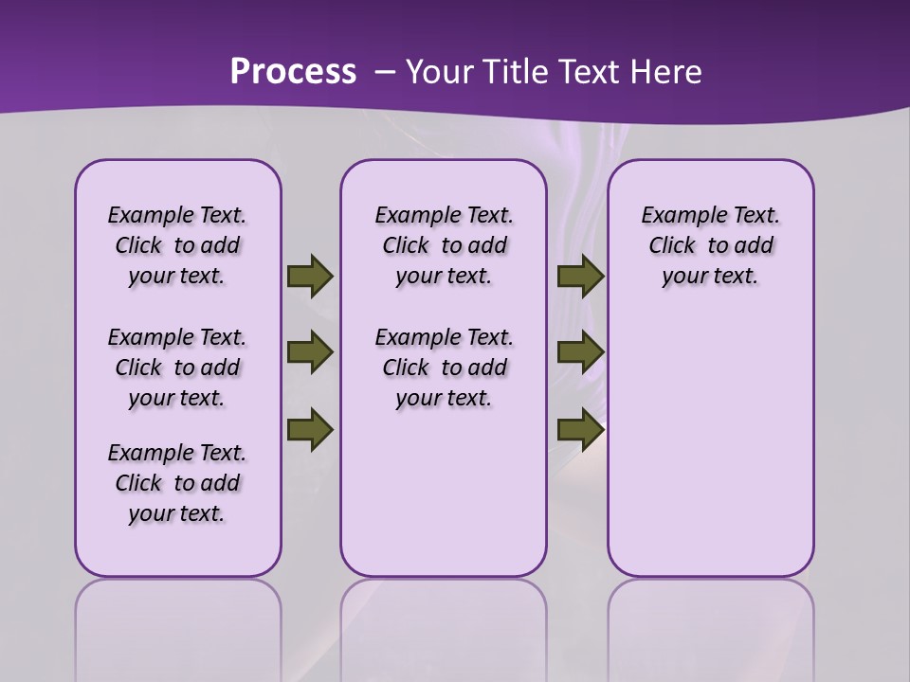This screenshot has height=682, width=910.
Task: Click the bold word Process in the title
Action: (293, 72)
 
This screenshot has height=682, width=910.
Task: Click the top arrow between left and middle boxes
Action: (309, 276)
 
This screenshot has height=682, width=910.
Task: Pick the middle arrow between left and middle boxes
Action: (309, 352)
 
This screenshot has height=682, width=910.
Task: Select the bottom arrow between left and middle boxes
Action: (309, 428)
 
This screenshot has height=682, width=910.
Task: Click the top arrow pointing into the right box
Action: (580, 276)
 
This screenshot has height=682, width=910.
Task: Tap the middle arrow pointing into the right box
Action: (580, 352)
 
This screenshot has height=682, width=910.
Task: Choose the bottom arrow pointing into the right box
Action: (580, 428)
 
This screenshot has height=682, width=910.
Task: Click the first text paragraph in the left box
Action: (177, 245)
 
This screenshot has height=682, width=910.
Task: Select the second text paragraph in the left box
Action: (177, 368)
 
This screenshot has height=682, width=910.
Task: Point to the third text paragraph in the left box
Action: (177, 483)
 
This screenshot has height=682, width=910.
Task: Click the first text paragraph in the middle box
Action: (444, 245)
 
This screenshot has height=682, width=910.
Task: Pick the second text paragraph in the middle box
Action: (444, 368)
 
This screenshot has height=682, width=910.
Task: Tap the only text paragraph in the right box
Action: (710, 245)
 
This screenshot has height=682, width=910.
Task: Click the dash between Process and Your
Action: (384, 72)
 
